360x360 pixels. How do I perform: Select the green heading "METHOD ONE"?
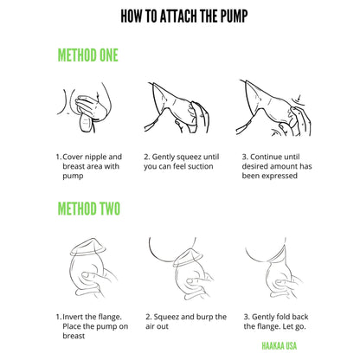pyautogui.click(x=87, y=56)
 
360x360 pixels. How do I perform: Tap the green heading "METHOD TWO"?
pyautogui.click(x=87, y=209)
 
